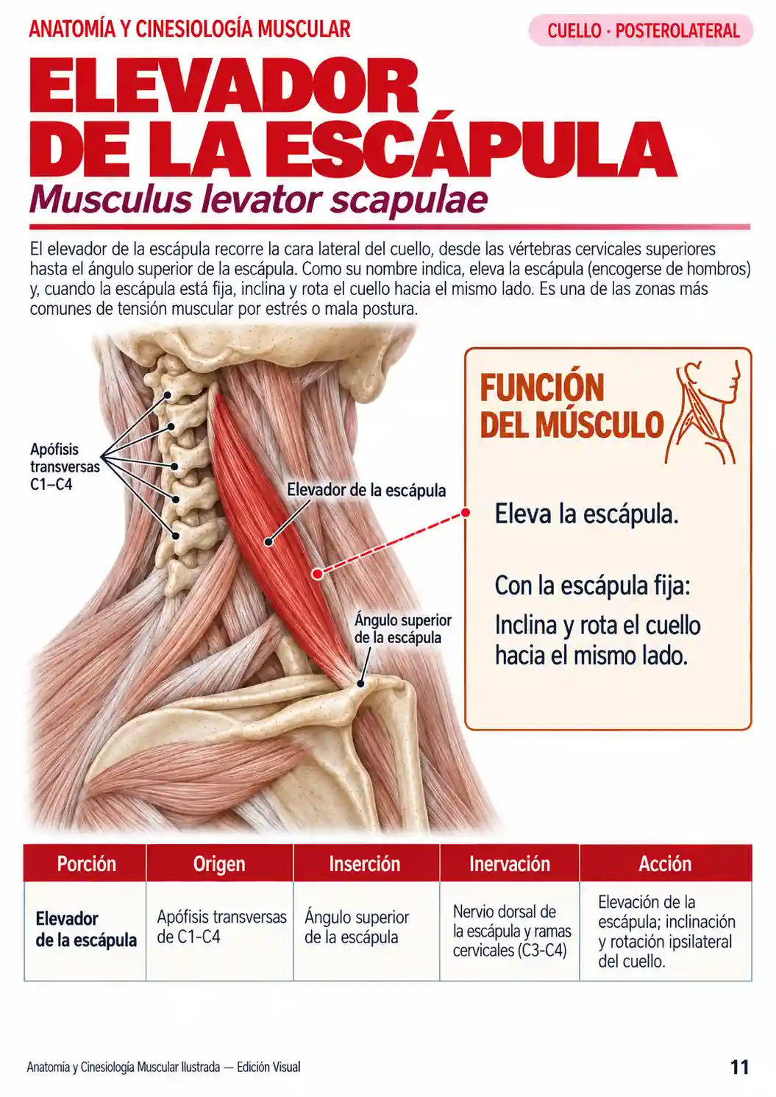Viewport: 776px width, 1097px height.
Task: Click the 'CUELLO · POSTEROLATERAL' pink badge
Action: [x=641, y=30]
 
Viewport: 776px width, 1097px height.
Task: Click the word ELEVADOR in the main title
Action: [x=224, y=86]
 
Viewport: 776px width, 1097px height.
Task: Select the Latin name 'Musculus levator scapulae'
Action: [x=258, y=199]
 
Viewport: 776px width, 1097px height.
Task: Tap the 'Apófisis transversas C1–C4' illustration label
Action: [x=65, y=466]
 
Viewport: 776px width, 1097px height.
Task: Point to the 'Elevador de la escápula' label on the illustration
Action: [x=366, y=490]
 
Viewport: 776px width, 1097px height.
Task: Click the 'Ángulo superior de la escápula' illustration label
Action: [x=402, y=629]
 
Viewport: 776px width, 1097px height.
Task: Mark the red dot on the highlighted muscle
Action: [x=317, y=573]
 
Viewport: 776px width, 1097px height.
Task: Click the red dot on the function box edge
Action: [x=466, y=513]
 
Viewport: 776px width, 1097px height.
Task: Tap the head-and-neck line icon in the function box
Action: [x=703, y=412]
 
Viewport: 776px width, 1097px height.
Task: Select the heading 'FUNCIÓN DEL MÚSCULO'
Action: [x=572, y=406]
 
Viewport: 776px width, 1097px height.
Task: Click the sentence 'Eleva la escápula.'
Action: [x=586, y=514]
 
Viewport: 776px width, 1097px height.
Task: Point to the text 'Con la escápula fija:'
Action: [x=592, y=586]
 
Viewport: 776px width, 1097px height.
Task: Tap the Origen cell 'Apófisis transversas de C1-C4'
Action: [x=221, y=926]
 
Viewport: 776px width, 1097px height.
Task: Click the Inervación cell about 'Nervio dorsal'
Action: [x=512, y=931]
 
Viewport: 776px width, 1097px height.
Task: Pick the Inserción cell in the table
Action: [x=357, y=927]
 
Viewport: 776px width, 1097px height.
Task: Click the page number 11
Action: [x=740, y=1067]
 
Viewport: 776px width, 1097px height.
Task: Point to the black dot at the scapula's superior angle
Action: [x=360, y=684]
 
